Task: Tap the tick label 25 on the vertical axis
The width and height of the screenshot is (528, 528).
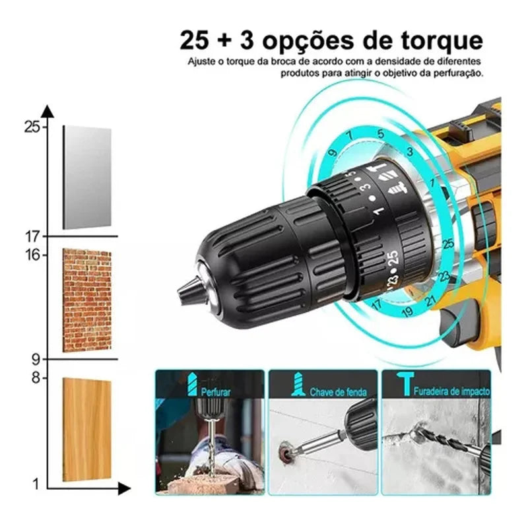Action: tap(32, 127)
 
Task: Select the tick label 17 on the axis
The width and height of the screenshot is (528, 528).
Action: tap(32, 237)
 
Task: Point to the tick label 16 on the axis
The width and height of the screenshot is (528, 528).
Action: tap(32, 255)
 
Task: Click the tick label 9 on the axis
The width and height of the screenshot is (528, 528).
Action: tap(36, 360)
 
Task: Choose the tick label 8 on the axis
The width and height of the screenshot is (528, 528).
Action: tap(36, 378)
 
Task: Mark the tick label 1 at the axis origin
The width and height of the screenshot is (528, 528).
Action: tap(36, 484)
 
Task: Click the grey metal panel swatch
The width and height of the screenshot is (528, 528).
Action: tap(87, 178)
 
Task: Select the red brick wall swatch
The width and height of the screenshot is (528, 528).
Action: tap(87, 300)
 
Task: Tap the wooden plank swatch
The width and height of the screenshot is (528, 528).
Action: tap(87, 430)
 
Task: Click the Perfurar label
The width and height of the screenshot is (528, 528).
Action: tap(216, 392)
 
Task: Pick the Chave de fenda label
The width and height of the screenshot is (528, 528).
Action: tap(338, 392)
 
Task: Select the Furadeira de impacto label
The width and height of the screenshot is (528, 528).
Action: tap(451, 391)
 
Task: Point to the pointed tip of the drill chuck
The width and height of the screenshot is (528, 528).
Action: tap(179, 291)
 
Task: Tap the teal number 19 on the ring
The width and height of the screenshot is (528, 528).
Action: tap(407, 312)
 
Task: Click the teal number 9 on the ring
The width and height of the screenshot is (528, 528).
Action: tap(333, 152)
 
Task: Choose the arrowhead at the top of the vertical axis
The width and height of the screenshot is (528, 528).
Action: tap(48, 111)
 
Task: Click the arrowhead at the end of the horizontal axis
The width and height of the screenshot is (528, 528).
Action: tap(124, 488)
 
